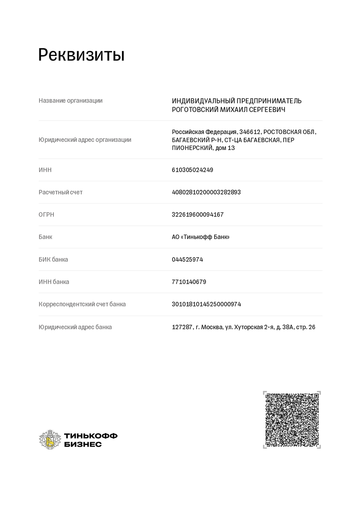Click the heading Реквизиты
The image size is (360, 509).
[x=81, y=55]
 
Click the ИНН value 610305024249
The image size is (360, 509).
[x=193, y=170]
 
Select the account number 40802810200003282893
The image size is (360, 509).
[x=206, y=192]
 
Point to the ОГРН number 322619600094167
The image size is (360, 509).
[x=198, y=215]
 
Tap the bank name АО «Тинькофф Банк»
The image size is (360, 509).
[x=200, y=237]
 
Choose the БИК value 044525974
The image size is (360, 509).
[x=187, y=260]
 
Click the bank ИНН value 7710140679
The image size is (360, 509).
[x=189, y=282]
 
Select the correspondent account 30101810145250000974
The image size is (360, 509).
[x=206, y=304]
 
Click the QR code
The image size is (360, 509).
[x=292, y=420]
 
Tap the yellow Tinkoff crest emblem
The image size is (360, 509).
[x=50, y=440]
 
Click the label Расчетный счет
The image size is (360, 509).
[x=60, y=192]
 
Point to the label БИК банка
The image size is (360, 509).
[x=53, y=260]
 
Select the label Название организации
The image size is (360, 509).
[x=70, y=101]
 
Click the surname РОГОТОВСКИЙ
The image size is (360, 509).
[x=195, y=110]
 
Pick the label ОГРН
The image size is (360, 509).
[x=47, y=215]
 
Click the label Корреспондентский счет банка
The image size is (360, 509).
[x=82, y=304]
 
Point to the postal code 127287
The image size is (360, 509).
[x=182, y=327]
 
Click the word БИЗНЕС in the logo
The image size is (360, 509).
[x=83, y=445]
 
